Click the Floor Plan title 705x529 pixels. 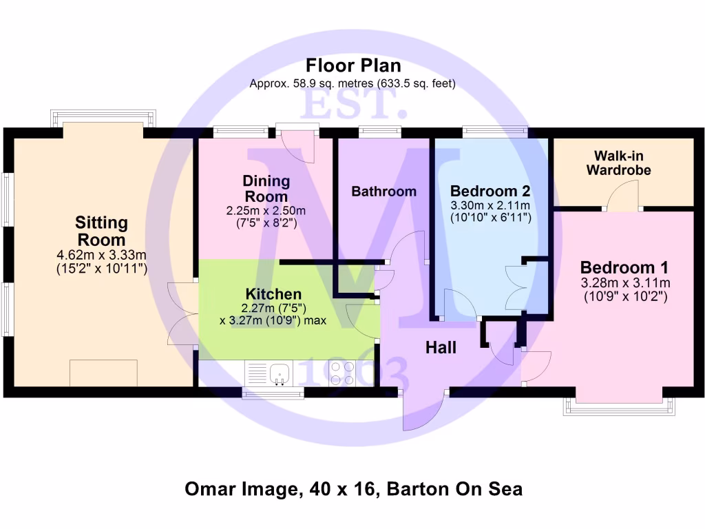352,66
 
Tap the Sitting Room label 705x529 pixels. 101,231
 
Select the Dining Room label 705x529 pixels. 266,188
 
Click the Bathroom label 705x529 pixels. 383,191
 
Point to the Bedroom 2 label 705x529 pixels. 490,191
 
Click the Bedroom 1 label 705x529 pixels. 624,267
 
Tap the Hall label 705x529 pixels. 441,348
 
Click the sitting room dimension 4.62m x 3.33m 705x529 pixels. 101,256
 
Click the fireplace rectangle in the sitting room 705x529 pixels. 103,373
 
